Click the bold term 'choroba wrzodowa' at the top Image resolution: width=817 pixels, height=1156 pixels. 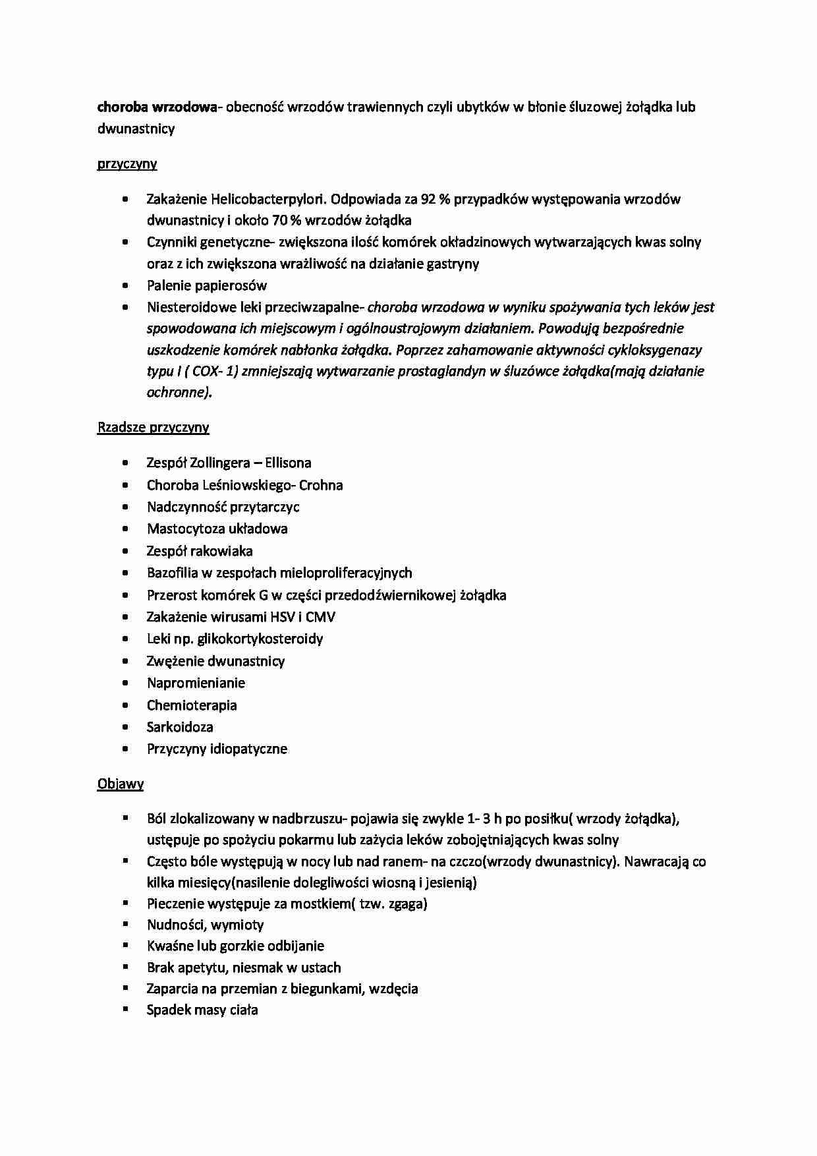pos(157,107)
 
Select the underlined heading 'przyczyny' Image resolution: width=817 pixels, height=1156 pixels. pos(127,164)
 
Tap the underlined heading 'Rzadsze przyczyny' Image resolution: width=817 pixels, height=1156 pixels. pos(153,428)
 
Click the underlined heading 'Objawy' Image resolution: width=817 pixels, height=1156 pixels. pos(121,784)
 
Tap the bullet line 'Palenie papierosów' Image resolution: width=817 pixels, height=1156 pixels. pos(207,285)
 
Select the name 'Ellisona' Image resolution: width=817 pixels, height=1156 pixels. pos(288,463)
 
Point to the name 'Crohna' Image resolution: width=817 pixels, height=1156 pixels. pos(321,485)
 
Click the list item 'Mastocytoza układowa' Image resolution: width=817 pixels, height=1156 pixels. pos(217,529)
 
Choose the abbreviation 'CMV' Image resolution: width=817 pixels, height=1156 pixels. pos(320,617)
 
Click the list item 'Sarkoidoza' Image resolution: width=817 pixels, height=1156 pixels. pos(180,727)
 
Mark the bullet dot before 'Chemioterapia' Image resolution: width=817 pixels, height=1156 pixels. pos(125,705)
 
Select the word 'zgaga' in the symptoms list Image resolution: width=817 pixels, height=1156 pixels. pos(407,904)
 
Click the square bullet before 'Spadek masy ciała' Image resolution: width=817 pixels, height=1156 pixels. pos(125,1008)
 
